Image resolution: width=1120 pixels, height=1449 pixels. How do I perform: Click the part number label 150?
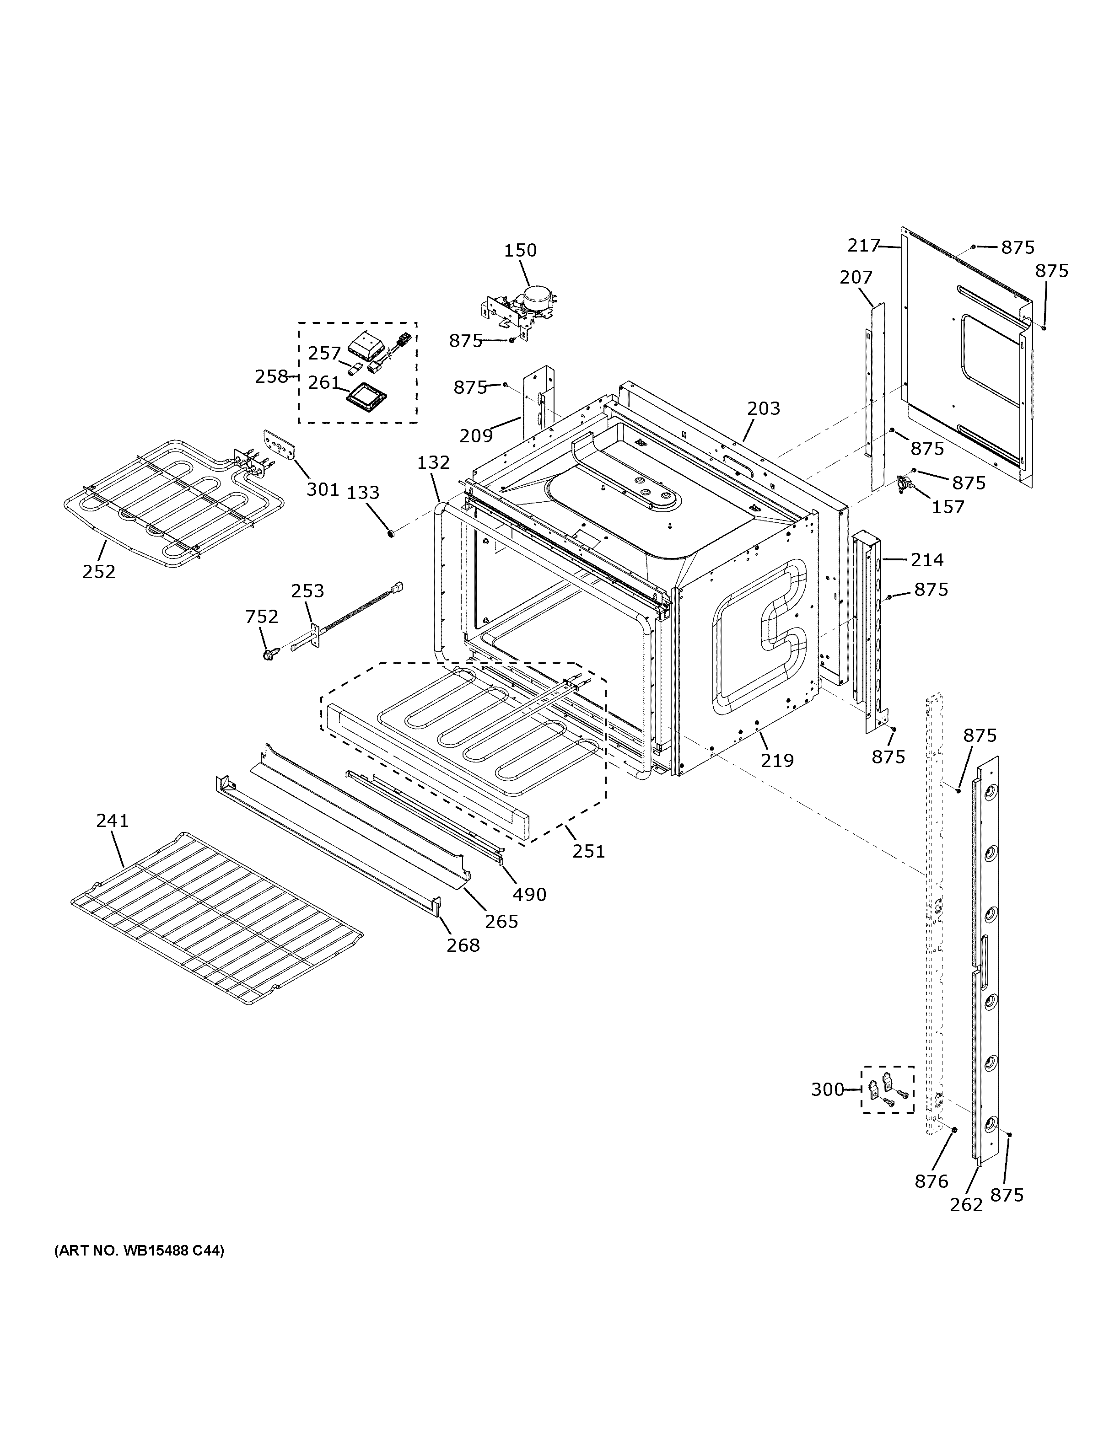[520, 250]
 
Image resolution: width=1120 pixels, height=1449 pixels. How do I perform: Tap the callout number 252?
[99, 571]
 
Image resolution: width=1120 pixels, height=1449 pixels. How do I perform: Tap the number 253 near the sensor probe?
[308, 590]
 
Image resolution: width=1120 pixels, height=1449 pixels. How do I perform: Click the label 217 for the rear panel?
[862, 246]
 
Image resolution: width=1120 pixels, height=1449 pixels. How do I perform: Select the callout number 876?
[932, 1181]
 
